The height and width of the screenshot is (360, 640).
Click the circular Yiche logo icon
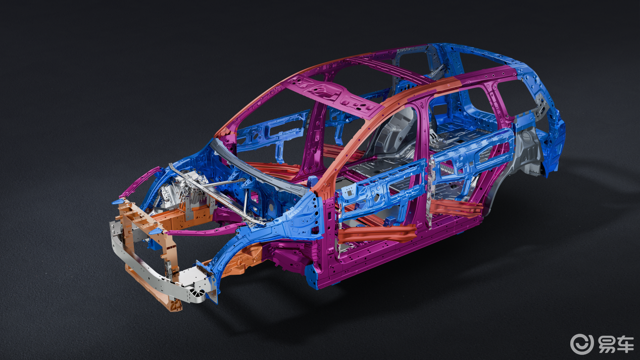point(582,344)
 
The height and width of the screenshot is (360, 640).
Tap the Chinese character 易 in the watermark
point(607,344)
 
